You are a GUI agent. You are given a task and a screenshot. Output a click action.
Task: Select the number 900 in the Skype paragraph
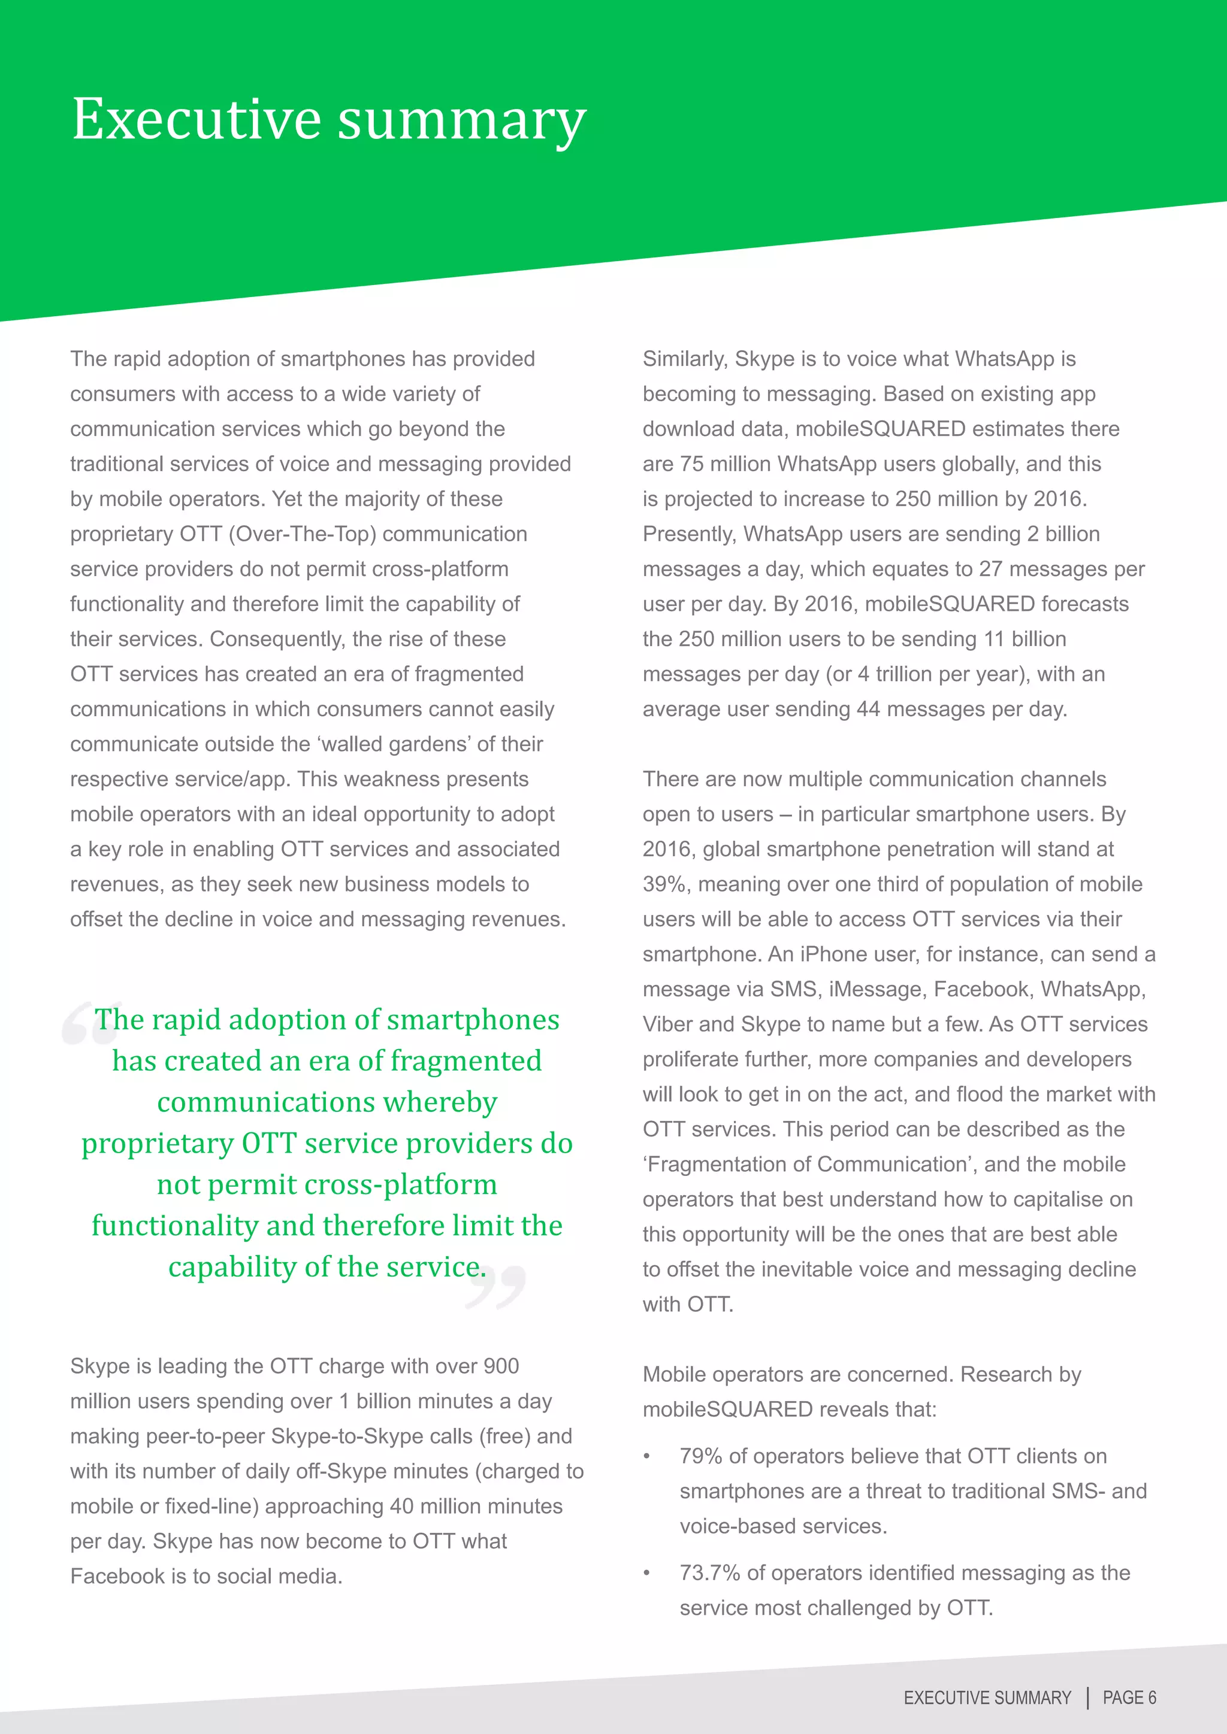[x=501, y=1366]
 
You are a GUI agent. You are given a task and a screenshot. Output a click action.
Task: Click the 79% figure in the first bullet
[x=700, y=1456]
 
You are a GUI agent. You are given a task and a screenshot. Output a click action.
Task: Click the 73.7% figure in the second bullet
[x=709, y=1572]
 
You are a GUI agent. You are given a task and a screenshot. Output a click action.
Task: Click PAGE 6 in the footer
[x=1129, y=1697]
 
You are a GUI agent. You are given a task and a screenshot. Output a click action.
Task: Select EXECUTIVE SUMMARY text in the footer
[x=987, y=1697]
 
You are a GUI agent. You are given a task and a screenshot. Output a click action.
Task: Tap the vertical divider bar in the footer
[x=1087, y=1697]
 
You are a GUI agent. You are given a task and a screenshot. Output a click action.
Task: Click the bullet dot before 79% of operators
[x=646, y=1457]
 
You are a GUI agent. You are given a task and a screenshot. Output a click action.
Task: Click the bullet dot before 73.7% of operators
[x=646, y=1573]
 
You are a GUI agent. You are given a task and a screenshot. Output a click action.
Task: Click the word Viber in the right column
[x=667, y=1024]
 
